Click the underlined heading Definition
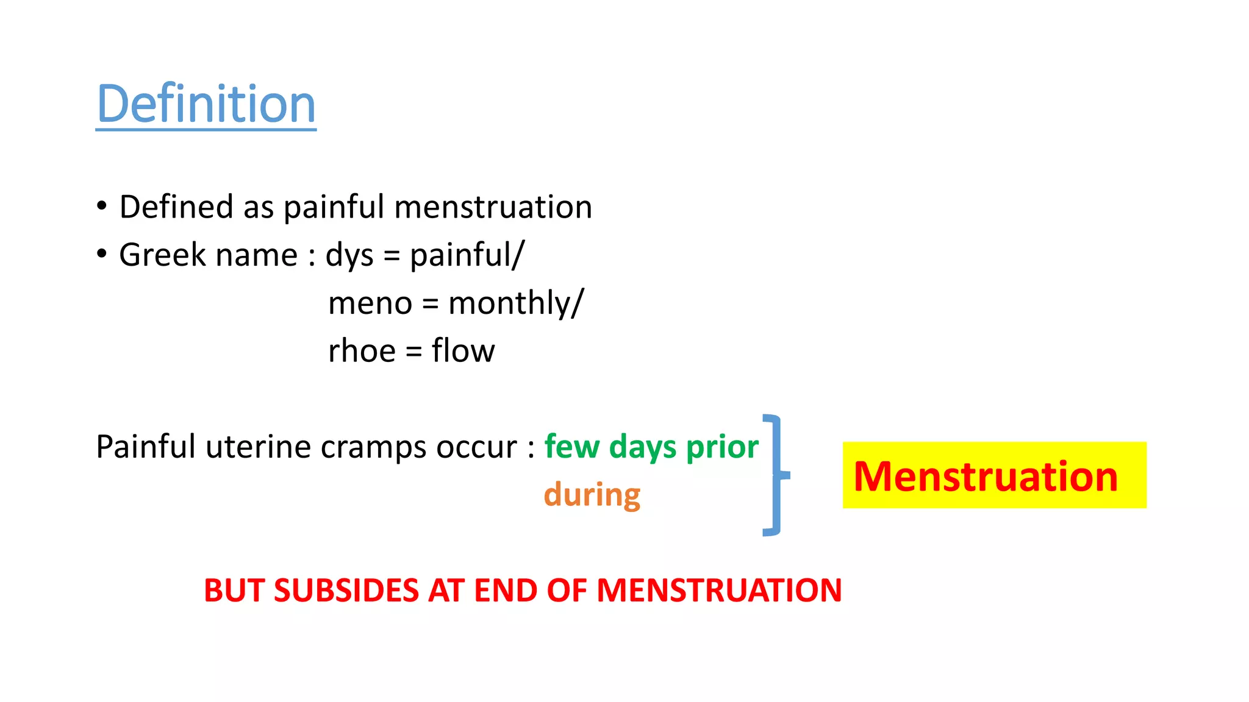[x=206, y=104]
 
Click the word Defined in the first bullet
[x=176, y=207]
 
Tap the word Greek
[x=162, y=255]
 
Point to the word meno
[x=370, y=303]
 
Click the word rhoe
[x=362, y=351]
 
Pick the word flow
[x=463, y=351]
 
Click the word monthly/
[x=516, y=303]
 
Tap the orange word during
[x=592, y=495]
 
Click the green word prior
[x=722, y=447]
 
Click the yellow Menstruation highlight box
[x=994, y=475]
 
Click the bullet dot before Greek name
[x=102, y=253]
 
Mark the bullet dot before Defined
[x=102, y=205]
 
